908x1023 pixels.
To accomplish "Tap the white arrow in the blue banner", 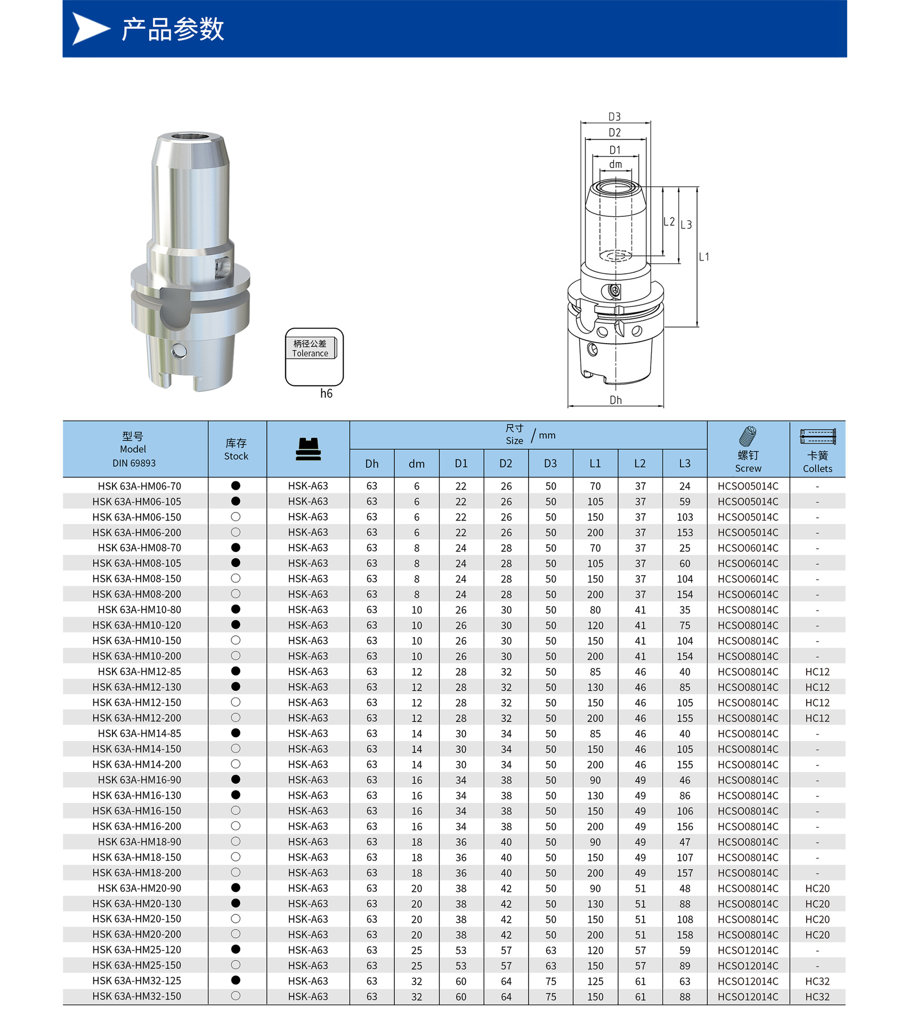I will pyautogui.click(x=90, y=29).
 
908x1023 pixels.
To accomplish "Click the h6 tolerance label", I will pyautogui.click(x=326, y=394).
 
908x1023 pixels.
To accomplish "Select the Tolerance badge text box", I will pyautogui.click(x=311, y=348).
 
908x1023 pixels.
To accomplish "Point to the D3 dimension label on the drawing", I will pyautogui.click(x=614, y=117).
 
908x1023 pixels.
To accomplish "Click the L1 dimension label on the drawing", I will pyautogui.click(x=704, y=257).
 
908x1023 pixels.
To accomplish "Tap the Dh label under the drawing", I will pyautogui.click(x=615, y=400).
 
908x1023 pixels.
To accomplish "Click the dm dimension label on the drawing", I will pyautogui.click(x=615, y=165).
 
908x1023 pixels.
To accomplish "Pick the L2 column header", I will pyautogui.click(x=640, y=464).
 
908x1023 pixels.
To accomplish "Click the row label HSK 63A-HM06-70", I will pyautogui.click(x=139, y=486).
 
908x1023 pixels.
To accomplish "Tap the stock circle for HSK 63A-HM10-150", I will pyautogui.click(x=236, y=640).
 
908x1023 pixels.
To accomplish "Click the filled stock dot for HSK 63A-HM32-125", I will pyautogui.click(x=236, y=980).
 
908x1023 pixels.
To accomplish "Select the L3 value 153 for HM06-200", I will pyautogui.click(x=685, y=533).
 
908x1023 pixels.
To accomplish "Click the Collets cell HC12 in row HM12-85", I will pyautogui.click(x=817, y=672).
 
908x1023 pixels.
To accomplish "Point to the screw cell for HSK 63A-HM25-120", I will pyautogui.click(x=748, y=950).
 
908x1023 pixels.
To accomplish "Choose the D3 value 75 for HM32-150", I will pyautogui.click(x=550, y=996).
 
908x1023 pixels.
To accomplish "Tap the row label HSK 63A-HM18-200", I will pyautogui.click(x=136, y=873).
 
